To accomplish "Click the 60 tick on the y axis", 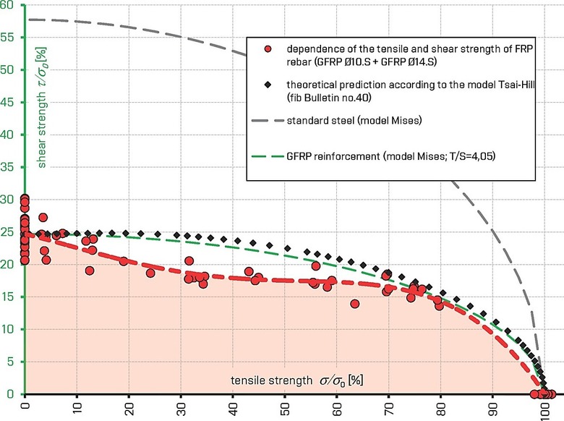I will (10, 6).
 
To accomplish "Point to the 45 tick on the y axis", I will (10, 103).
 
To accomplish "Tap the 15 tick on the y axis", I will (10, 297).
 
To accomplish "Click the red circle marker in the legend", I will (268, 49).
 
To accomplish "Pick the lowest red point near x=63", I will (355, 304).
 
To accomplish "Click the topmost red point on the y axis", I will (25, 198).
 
